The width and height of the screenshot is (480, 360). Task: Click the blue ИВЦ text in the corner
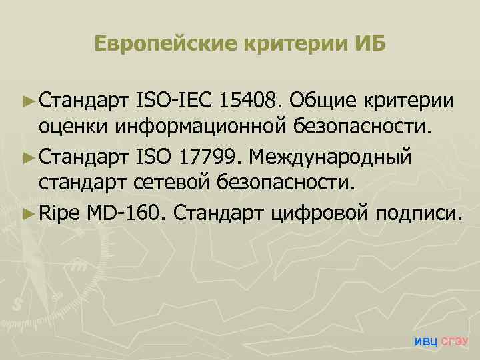[426, 342]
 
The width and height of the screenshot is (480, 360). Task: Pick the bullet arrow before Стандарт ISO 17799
[28, 158]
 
